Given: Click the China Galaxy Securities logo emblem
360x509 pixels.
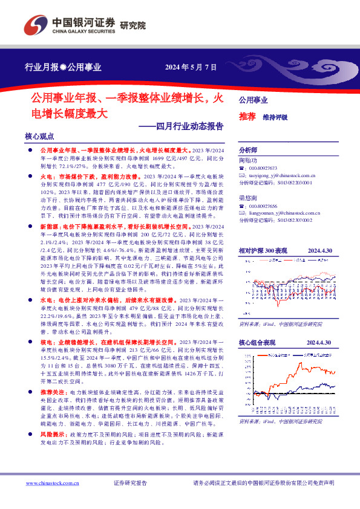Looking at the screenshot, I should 35,24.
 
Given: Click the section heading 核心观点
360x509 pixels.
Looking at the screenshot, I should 39,137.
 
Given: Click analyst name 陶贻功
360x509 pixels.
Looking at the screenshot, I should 248,160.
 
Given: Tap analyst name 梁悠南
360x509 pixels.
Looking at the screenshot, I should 248,197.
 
